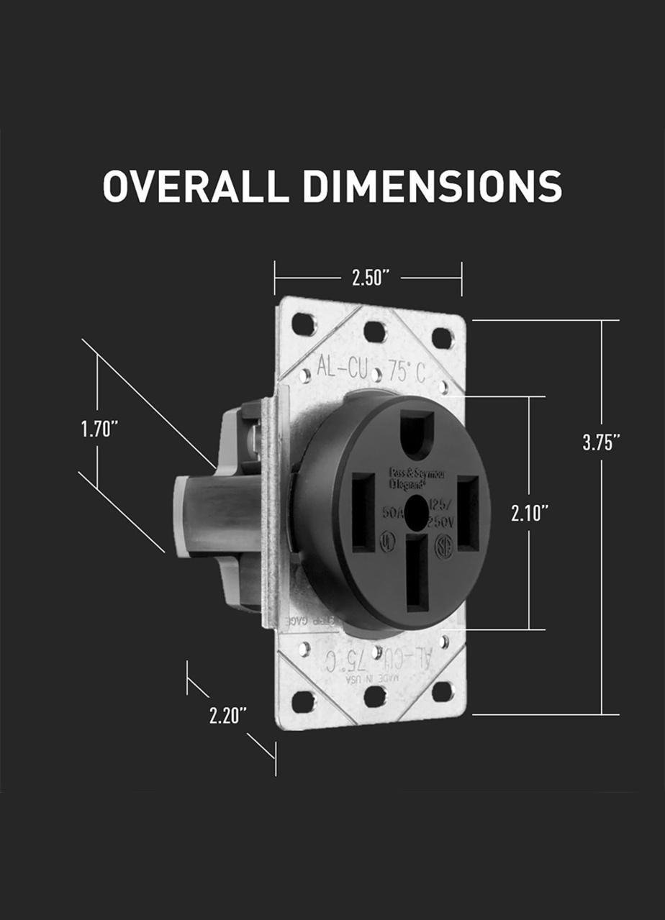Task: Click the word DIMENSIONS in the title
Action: point(432,186)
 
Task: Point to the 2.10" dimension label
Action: point(530,513)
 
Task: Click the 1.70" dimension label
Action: point(99,429)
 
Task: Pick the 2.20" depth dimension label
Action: point(228,716)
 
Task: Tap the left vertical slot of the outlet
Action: point(363,512)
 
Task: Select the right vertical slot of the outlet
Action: point(469,513)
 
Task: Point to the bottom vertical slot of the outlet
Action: point(417,573)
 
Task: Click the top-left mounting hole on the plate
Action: point(303,324)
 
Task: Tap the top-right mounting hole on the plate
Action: point(442,337)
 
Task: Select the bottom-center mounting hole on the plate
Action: point(374,696)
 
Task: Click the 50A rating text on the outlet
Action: point(394,512)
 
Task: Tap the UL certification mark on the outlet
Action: point(389,541)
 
